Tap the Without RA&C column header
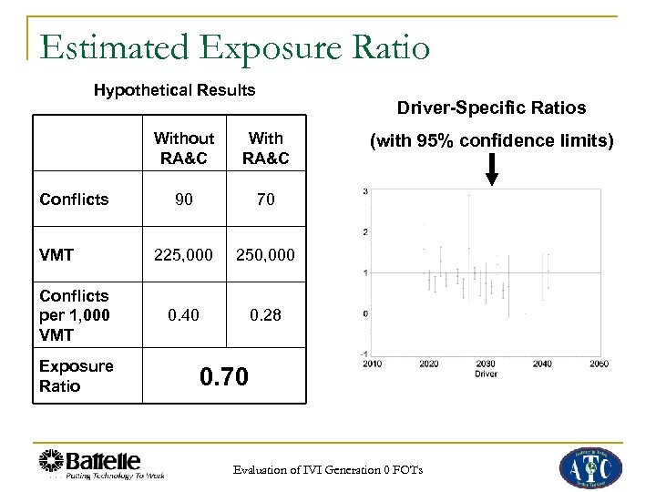[x=184, y=149]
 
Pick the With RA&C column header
[x=266, y=149]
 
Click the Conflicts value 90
[x=184, y=198]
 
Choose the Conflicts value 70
[x=266, y=198]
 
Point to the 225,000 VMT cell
[x=184, y=256]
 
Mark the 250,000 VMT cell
[x=266, y=256]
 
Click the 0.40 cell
[x=184, y=314]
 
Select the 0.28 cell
[x=266, y=314]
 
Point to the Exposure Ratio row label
[x=77, y=375]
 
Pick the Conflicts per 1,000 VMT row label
[x=73, y=315]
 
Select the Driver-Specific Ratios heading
[x=491, y=108]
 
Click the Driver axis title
[x=487, y=374]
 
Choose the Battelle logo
[x=101, y=463]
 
